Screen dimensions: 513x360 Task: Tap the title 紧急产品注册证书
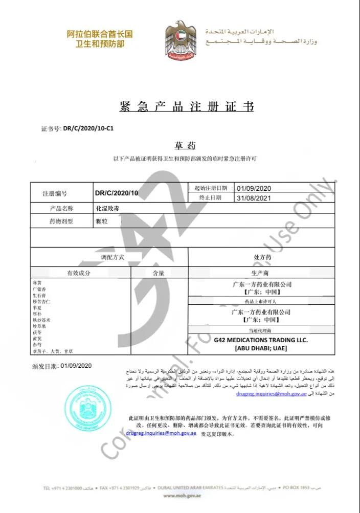coord(186,107)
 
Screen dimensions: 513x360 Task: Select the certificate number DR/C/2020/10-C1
coord(88,129)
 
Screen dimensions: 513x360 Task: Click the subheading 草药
coord(182,146)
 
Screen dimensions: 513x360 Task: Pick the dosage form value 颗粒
coord(101,221)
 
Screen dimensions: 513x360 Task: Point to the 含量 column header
coord(159,273)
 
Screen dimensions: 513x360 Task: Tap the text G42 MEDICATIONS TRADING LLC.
coord(261,340)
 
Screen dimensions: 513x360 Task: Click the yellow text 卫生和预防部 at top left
coord(100,44)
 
